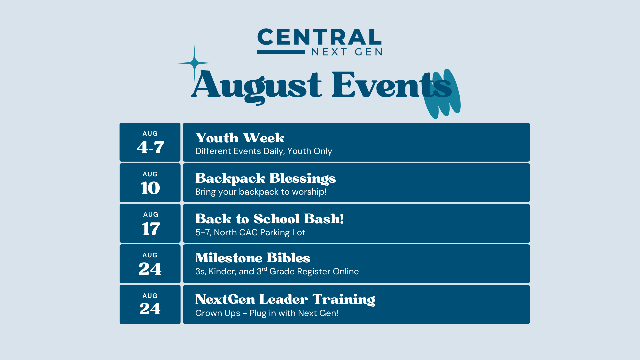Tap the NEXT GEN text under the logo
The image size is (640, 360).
click(x=347, y=52)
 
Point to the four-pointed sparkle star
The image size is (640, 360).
click(x=194, y=63)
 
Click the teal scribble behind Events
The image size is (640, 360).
click(x=442, y=94)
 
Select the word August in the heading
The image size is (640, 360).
click(x=256, y=86)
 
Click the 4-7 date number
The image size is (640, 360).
click(x=150, y=147)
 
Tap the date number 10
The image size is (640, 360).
click(x=150, y=188)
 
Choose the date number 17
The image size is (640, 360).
click(x=151, y=229)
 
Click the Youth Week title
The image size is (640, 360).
click(x=240, y=138)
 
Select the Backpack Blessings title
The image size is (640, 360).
click(x=265, y=179)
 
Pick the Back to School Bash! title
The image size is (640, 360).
click(x=269, y=219)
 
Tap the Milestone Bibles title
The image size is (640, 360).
click(x=253, y=258)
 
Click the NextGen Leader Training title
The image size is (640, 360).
click(x=285, y=299)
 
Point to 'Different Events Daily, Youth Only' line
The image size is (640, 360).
click(x=264, y=151)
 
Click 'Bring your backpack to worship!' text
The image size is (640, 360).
click(x=261, y=192)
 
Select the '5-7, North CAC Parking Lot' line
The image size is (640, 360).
click(x=250, y=232)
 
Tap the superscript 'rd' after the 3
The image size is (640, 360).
click(x=264, y=269)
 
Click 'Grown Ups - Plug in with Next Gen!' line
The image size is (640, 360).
click(x=267, y=313)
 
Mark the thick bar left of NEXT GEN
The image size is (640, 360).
click(x=281, y=52)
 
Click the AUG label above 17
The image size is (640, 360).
click(x=151, y=215)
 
